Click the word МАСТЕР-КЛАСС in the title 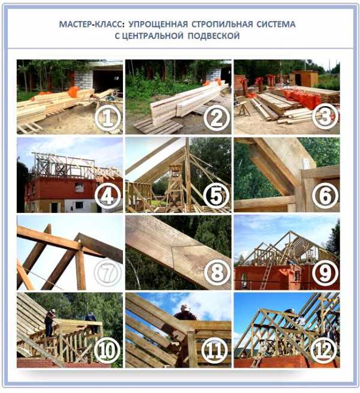point(92,25)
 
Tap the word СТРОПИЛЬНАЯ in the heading point(223,25)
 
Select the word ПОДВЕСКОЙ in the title point(214,36)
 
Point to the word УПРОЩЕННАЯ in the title point(158,25)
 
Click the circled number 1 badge point(108,118)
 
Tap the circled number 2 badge point(217,118)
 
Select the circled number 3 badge point(325,116)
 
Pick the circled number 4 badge point(108,196)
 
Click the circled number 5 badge point(216,196)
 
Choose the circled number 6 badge point(325,196)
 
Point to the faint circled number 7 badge point(107,274)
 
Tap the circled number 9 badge point(325,273)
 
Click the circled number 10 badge point(107,350)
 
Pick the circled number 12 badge point(323,350)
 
